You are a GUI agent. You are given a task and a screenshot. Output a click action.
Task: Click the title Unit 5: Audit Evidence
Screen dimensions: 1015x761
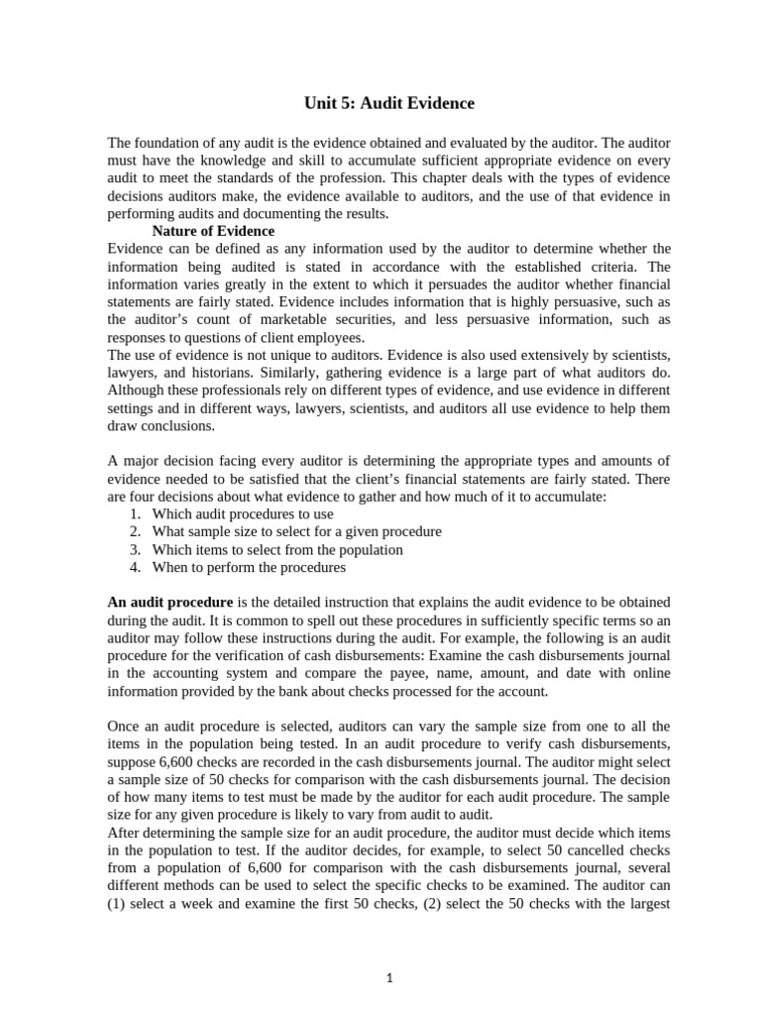388,103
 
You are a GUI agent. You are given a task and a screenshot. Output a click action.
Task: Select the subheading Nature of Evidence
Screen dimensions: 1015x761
213,231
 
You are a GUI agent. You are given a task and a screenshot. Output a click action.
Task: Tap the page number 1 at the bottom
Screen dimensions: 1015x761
390,977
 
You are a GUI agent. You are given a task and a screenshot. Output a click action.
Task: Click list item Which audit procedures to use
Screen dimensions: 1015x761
243,514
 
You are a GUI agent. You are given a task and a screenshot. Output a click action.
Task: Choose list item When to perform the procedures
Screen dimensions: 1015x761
249,568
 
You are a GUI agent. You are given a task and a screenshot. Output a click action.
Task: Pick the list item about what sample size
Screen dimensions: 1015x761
296,532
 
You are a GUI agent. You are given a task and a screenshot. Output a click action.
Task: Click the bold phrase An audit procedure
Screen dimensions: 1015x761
169,603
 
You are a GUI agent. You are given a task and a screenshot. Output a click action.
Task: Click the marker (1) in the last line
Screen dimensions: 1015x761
117,905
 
